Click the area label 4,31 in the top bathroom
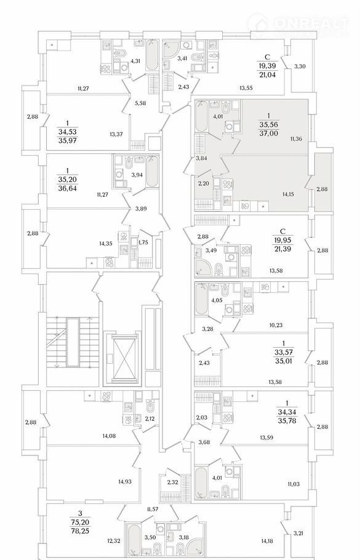click(135, 61)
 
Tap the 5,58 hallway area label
click(141, 103)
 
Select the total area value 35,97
click(68, 140)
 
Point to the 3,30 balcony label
click(300, 66)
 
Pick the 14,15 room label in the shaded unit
click(288, 194)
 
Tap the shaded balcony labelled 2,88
click(322, 189)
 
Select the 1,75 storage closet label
click(143, 241)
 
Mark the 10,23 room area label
click(276, 325)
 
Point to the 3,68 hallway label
click(204, 442)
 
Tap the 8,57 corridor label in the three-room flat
click(153, 510)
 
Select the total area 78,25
click(80, 531)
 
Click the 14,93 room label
click(125, 481)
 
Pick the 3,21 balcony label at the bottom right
click(298, 534)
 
